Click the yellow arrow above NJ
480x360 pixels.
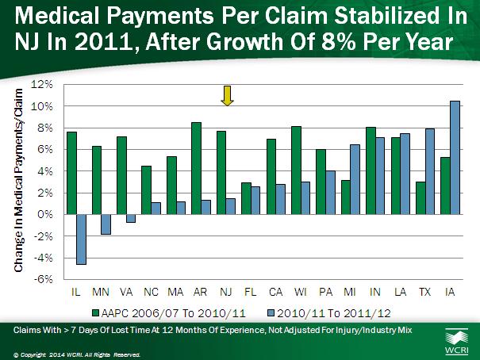pyautogui.click(x=226, y=95)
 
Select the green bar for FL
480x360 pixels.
pyautogui.click(x=246, y=198)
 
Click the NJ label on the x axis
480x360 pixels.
pyautogui.click(x=226, y=292)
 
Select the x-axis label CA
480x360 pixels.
pyautogui.click(x=276, y=292)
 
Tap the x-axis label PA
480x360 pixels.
pyautogui.click(x=325, y=292)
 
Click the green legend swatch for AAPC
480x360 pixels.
pyautogui.click(x=96, y=309)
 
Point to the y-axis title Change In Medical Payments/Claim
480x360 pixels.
pyautogui.click(x=17, y=182)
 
